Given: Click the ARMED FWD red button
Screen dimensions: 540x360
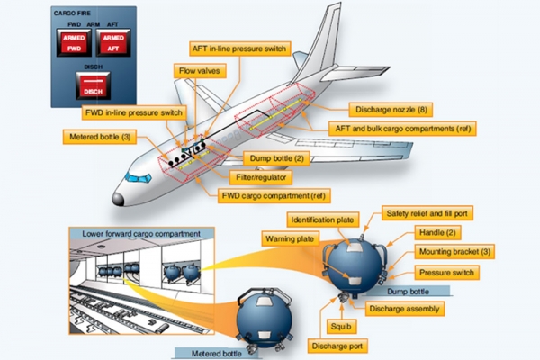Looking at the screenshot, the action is (x=74, y=43).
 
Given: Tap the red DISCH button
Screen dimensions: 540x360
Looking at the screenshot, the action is (x=93, y=86).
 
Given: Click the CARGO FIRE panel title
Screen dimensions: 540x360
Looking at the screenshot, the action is (x=72, y=13).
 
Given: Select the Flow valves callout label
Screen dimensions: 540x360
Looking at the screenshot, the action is (x=200, y=71).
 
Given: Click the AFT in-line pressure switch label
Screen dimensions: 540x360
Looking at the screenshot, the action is (x=239, y=49).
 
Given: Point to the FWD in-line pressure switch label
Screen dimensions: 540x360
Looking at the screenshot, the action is (x=134, y=113).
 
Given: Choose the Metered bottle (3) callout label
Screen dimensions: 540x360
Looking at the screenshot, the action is (x=100, y=137).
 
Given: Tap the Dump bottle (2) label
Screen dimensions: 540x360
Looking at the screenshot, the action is (x=277, y=158).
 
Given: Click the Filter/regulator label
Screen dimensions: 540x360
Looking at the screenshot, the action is (x=261, y=177).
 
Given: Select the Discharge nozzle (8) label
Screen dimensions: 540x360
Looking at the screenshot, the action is (x=391, y=110).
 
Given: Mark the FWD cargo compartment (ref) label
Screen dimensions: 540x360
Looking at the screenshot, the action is (x=274, y=196).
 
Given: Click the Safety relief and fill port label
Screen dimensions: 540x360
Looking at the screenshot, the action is (x=427, y=213).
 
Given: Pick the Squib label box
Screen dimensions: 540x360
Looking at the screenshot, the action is (x=341, y=326).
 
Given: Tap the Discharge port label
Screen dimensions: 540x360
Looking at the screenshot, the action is (x=337, y=346).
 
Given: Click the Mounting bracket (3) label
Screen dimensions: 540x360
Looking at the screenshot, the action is (x=454, y=252).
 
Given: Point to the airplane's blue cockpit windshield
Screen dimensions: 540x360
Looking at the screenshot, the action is (x=138, y=177).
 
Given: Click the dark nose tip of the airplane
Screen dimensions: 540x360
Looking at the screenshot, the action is (x=118, y=199).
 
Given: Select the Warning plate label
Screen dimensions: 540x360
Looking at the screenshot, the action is (x=290, y=239).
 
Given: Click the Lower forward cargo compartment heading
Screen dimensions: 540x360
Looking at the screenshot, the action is (x=141, y=234).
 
